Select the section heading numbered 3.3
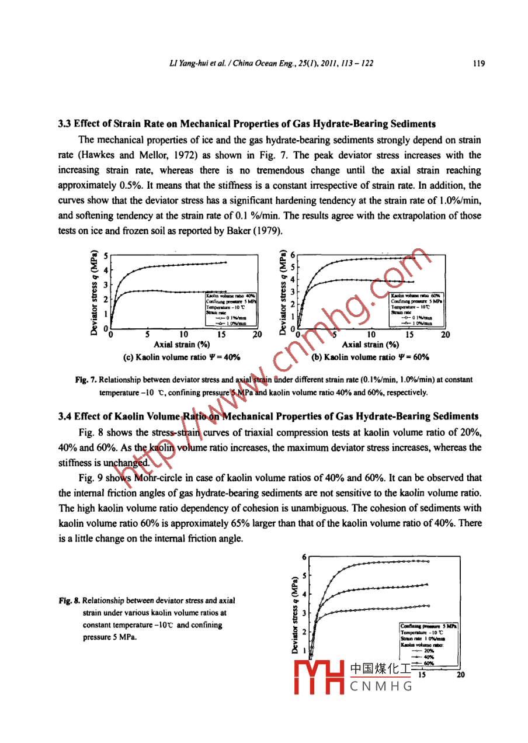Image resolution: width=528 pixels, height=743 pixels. (x=246, y=124)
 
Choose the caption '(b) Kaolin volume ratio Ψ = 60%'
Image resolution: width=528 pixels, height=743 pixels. (x=371, y=357)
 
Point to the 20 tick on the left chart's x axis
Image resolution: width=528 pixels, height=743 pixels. (x=256, y=335)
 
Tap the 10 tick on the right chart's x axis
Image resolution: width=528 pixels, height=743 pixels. (x=371, y=335)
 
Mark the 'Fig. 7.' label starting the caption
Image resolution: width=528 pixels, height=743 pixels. (x=86, y=380)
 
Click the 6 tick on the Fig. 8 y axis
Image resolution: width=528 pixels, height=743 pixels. (x=304, y=557)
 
